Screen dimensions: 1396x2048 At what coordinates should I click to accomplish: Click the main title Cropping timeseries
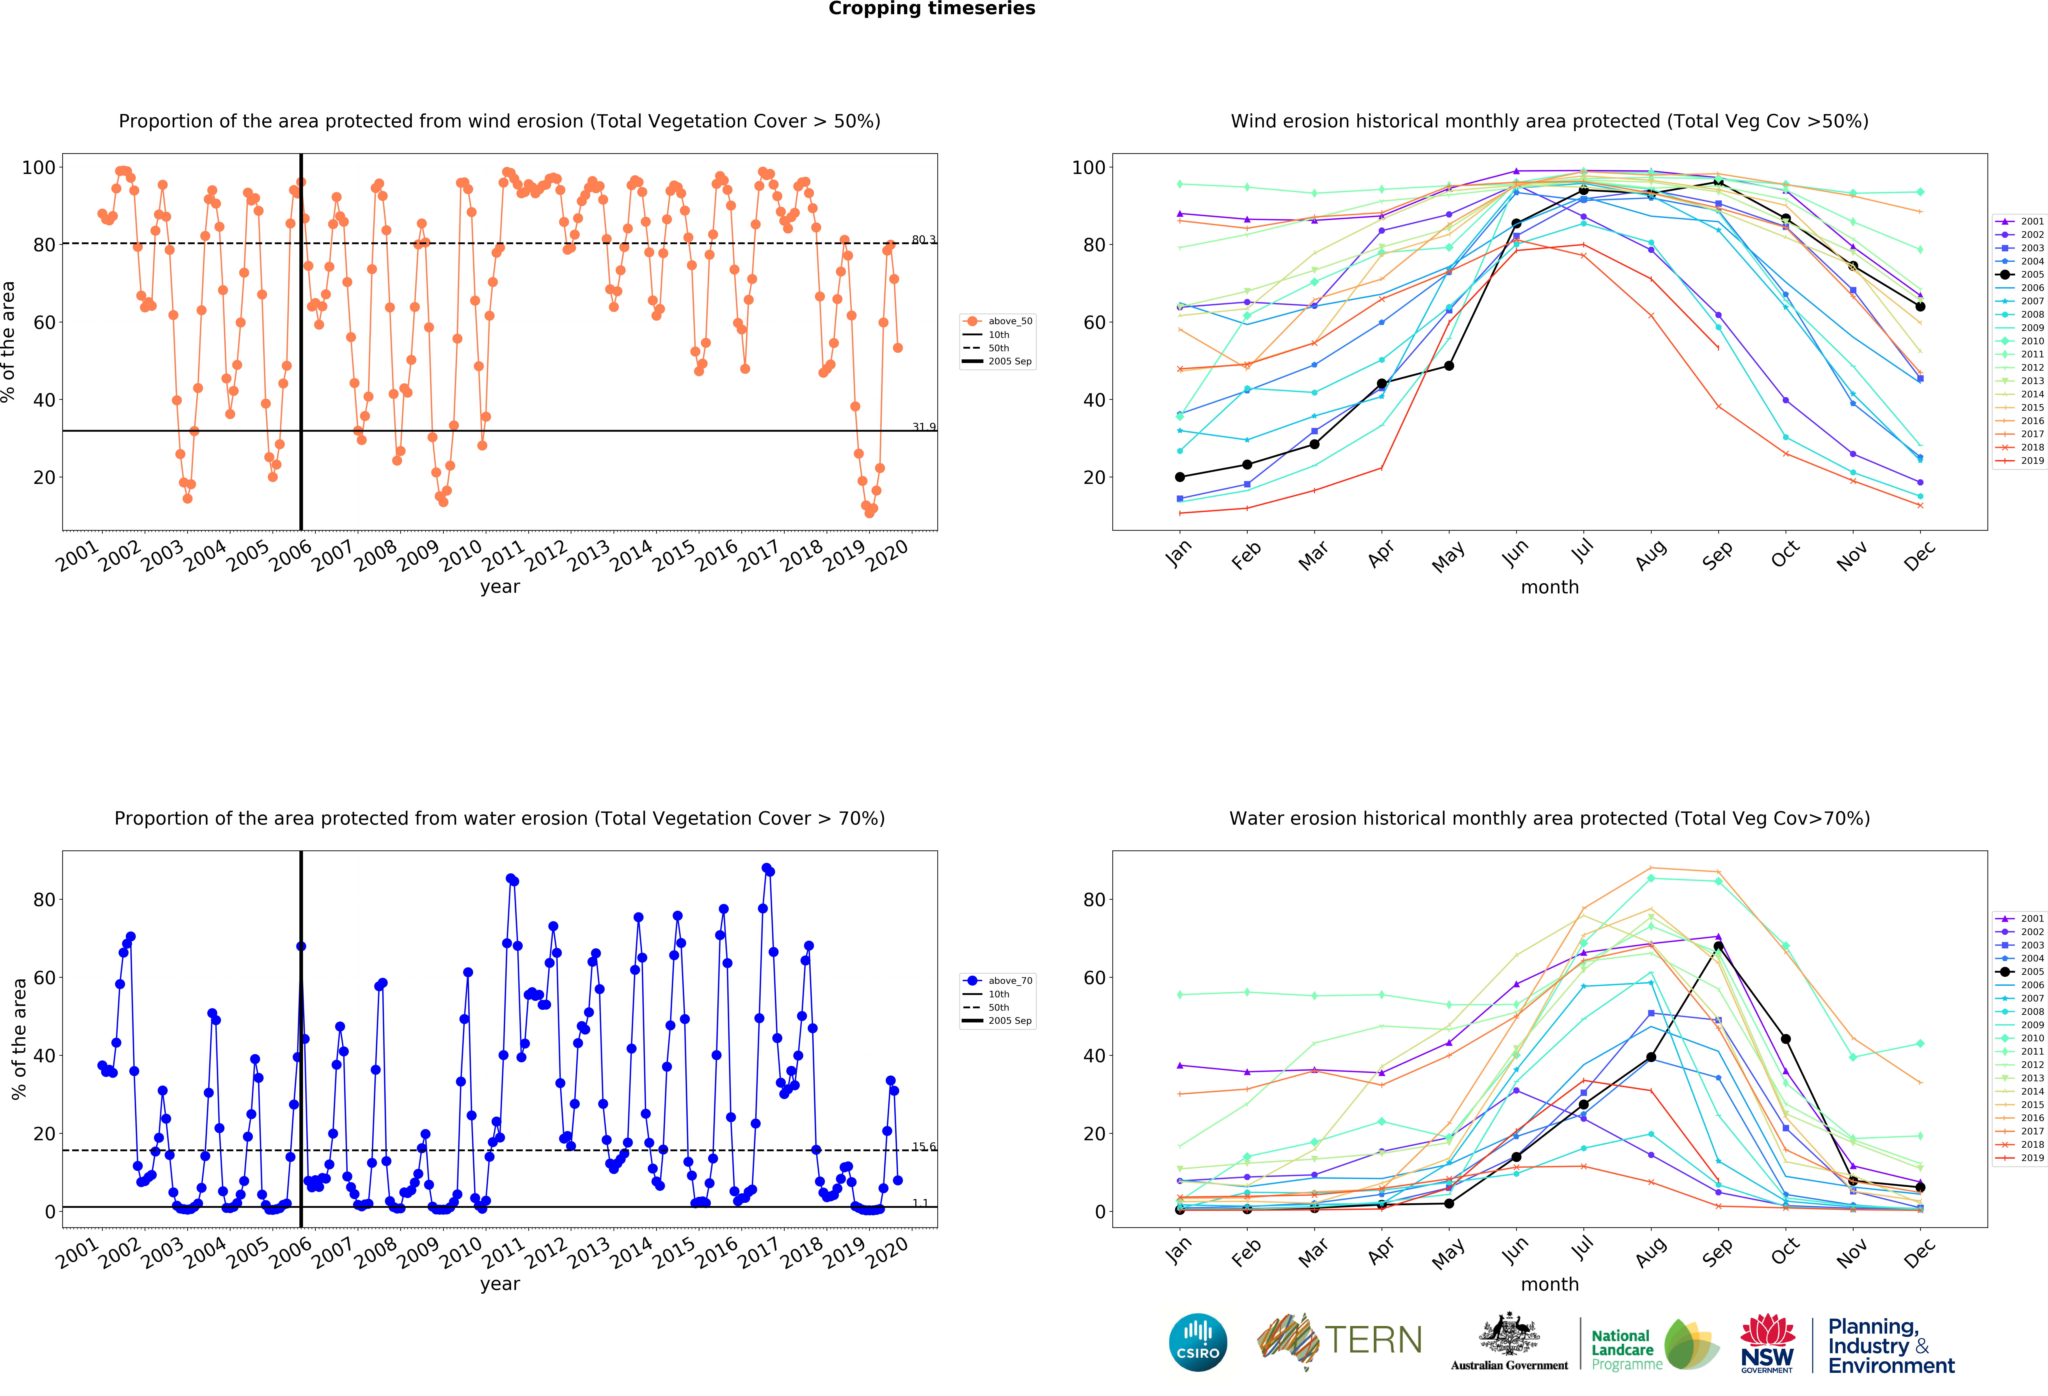tap(931, 9)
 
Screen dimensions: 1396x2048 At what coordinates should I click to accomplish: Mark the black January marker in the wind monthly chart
tap(1180, 477)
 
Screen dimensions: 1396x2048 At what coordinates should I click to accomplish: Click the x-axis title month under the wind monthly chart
tap(1549, 587)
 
